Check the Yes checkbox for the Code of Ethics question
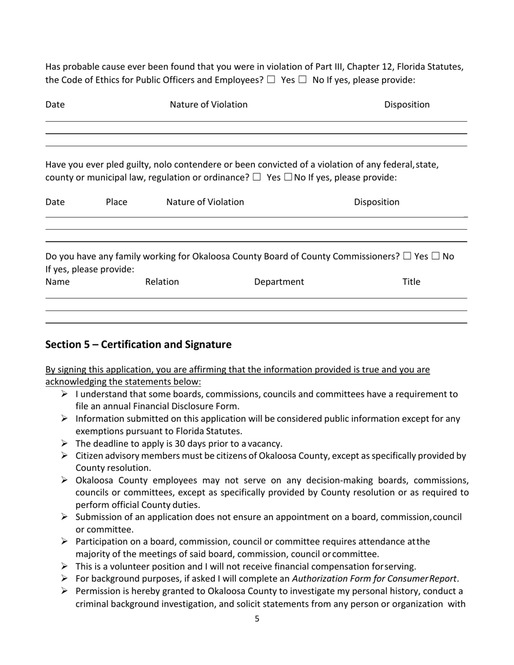click(x=271, y=80)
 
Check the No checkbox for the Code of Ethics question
click(x=302, y=80)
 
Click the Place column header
click(x=116, y=202)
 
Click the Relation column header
click(x=162, y=282)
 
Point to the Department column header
click(x=279, y=282)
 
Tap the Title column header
click(x=411, y=282)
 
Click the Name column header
click(x=57, y=282)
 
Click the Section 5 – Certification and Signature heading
click(x=138, y=344)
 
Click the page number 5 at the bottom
click(x=257, y=619)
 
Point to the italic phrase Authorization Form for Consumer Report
click(x=375, y=579)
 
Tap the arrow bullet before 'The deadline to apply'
click(x=64, y=443)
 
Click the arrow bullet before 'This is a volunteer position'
click(x=64, y=566)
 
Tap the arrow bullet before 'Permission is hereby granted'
click(x=64, y=591)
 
